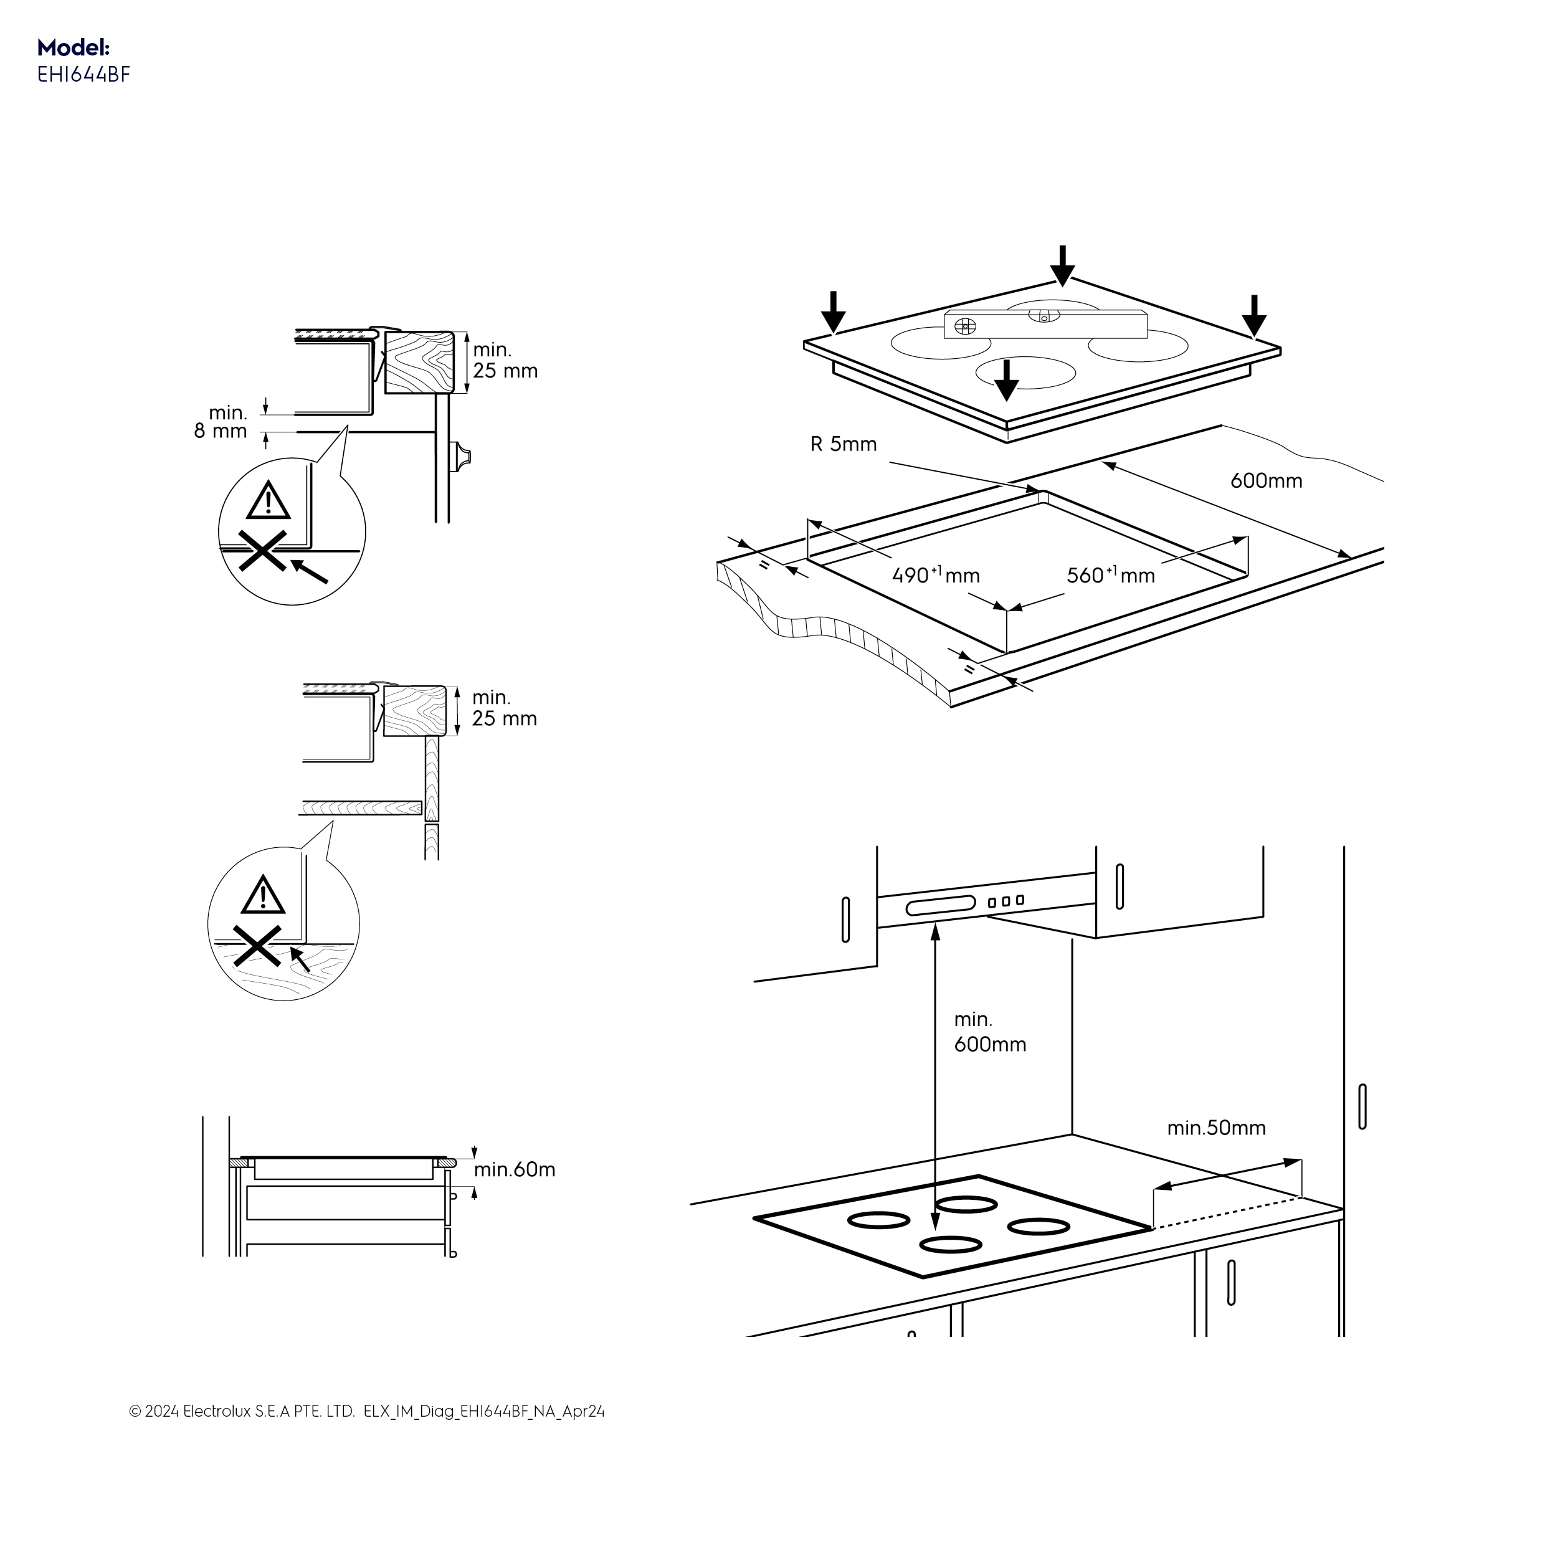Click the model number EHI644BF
[x=83, y=75]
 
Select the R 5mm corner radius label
[x=843, y=445]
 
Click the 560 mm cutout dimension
[x=1110, y=575]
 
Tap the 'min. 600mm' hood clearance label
[x=989, y=1032]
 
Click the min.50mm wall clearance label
[x=1215, y=1128]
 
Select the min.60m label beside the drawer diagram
[x=514, y=1170]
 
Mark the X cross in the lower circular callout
[x=257, y=947]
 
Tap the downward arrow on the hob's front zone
[x=1006, y=380]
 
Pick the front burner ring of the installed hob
[x=950, y=1244]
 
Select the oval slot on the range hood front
[x=941, y=905]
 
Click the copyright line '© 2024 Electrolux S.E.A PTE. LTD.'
[x=242, y=1434]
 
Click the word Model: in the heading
[x=74, y=47]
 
